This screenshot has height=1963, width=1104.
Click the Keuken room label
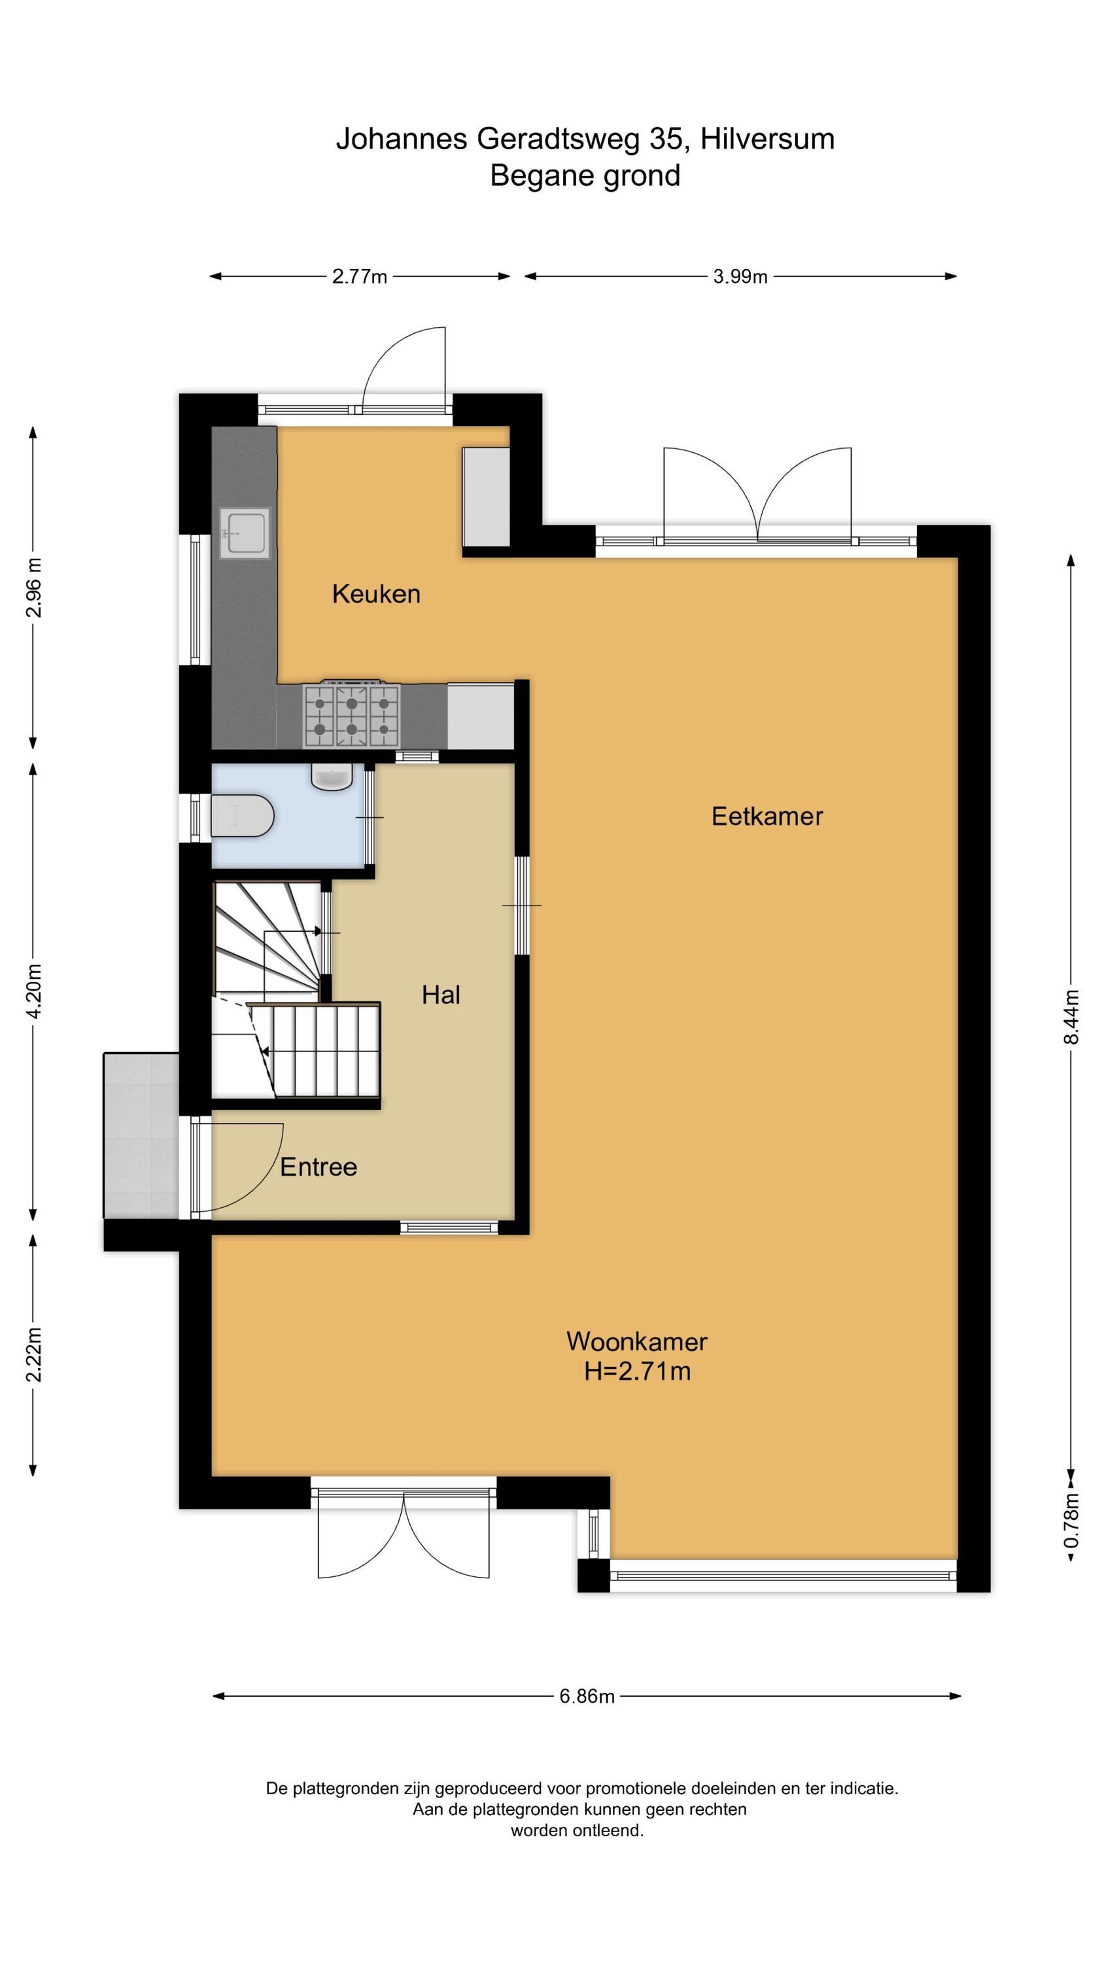pos(375,593)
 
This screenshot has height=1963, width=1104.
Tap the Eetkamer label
pos(767,816)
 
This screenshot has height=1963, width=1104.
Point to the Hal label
pos(441,995)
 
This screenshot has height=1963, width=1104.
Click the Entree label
pos(319,1167)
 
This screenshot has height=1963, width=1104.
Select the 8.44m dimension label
pos(1071,1017)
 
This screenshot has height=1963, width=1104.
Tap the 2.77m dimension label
pos(360,277)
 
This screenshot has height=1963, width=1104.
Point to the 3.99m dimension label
pos(740,277)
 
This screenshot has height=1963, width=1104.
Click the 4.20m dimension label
pos(33,991)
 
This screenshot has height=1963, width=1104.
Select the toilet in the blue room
pos(241,816)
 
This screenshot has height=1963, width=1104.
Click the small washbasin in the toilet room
pos(332,777)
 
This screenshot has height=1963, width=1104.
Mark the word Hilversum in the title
pos(767,139)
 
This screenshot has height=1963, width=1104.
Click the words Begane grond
pos(585,176)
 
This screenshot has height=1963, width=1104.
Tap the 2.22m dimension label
pos(33,1354)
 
